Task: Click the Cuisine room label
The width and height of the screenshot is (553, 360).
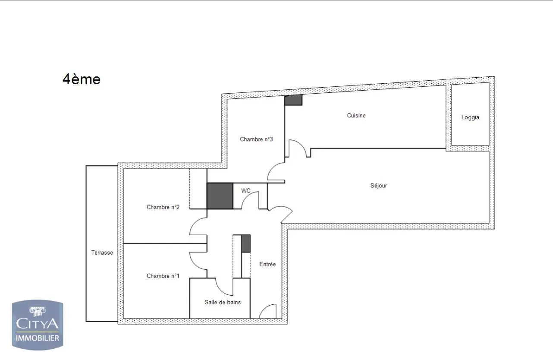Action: tap(356, 116)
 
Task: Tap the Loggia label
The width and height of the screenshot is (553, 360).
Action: tap(470, 117)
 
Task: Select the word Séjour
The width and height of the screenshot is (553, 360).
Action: tap(379, 186)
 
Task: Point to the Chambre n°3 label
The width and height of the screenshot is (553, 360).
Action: tap(256, 139)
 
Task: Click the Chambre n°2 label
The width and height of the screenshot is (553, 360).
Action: tap(163, 207)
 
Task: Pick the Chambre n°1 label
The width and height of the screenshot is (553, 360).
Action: tap(163, 276)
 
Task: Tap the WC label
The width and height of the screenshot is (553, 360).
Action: tap(246, 190)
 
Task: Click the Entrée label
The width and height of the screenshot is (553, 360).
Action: tap(267, 264)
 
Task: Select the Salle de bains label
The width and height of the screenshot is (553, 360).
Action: tap(223, 302)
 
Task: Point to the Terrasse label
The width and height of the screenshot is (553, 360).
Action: tap(102, 253)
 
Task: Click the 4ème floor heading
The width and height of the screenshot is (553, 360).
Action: tap(82, 79)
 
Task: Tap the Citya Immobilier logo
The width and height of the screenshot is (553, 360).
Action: tap(37, 325)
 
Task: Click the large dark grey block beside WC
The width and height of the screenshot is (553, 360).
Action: tap(220, 196)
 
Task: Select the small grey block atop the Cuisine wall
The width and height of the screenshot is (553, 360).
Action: tap(293, 100)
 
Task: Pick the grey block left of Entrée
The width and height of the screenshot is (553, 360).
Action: tap(245, 243)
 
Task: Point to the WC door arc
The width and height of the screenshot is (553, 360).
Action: tap(250, 200)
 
